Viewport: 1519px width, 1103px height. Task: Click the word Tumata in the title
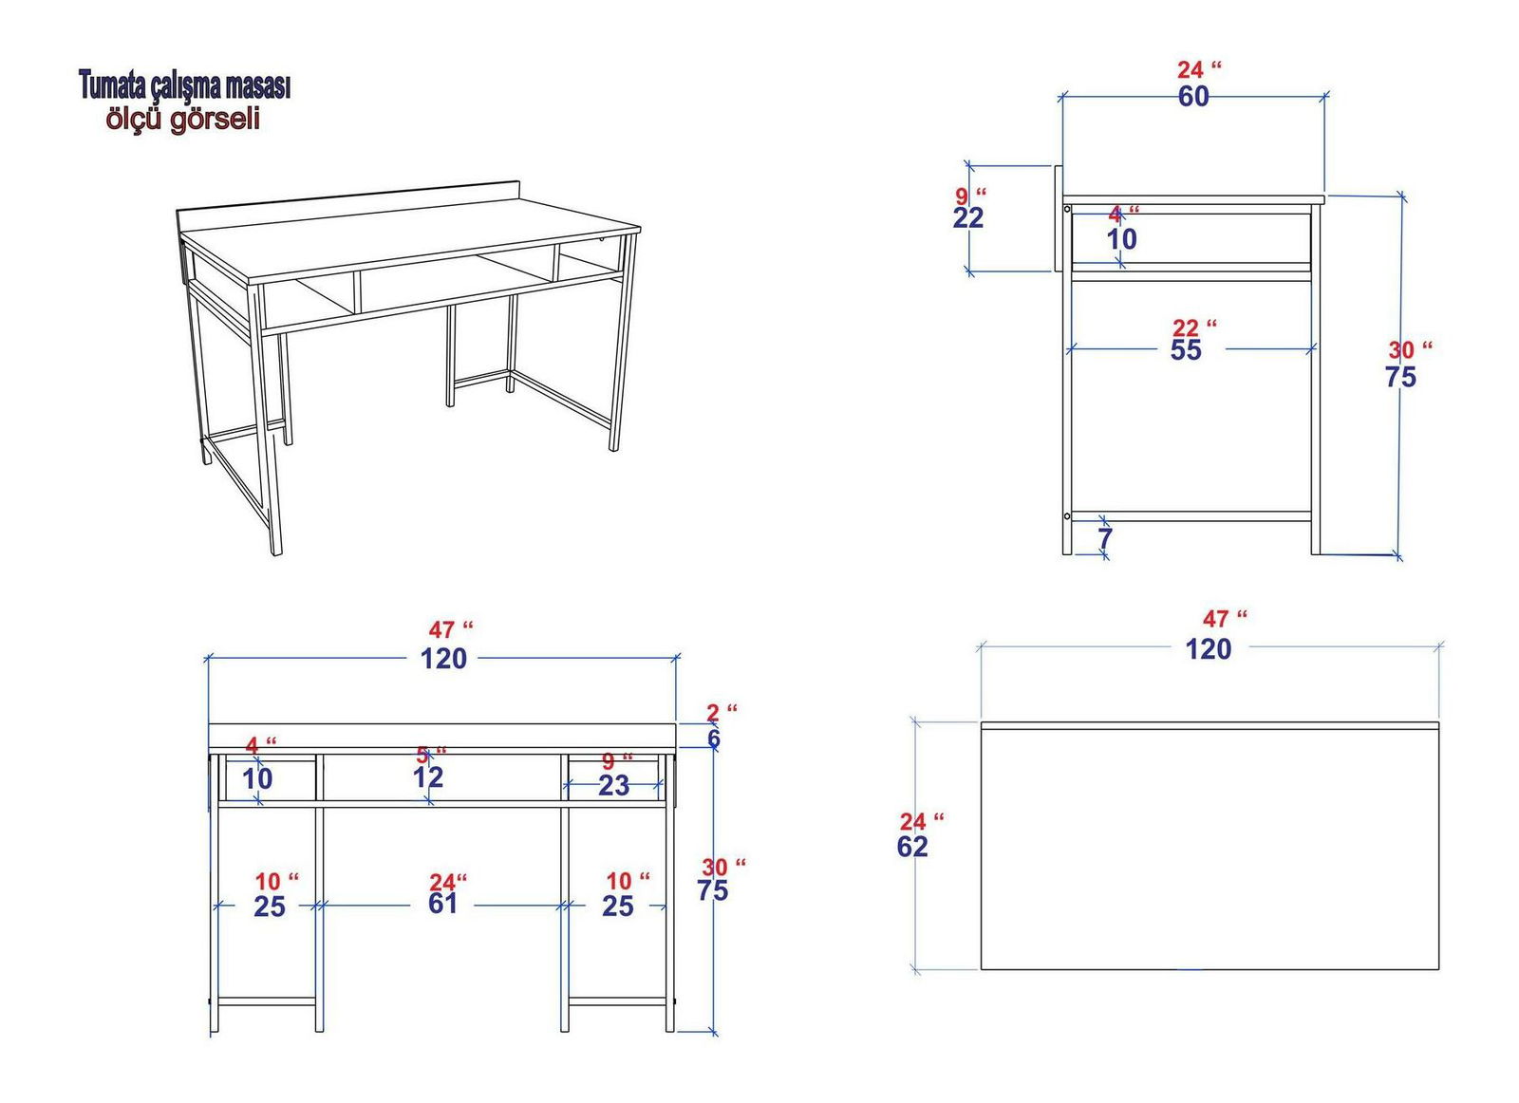113,86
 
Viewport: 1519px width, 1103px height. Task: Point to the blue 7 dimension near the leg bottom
1105,538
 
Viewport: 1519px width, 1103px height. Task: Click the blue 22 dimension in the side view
967,218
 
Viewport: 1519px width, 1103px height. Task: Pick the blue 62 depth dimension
912,847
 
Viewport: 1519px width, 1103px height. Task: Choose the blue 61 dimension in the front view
442,904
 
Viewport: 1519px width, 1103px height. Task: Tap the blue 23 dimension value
613,786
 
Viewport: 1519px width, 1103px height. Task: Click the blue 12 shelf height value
428,777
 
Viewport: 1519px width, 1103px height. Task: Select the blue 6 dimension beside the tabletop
713,738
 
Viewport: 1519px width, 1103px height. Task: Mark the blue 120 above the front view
444,659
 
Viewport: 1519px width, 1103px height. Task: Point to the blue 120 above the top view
1209,649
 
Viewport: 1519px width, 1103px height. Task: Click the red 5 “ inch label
431,755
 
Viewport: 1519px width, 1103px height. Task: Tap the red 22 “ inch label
1195,328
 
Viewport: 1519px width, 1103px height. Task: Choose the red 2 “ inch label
722,713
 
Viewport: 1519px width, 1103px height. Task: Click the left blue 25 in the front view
270,907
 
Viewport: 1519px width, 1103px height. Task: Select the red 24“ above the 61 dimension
448,882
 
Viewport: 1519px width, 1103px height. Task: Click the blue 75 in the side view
1401,377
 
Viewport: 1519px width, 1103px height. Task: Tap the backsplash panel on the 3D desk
348,204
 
